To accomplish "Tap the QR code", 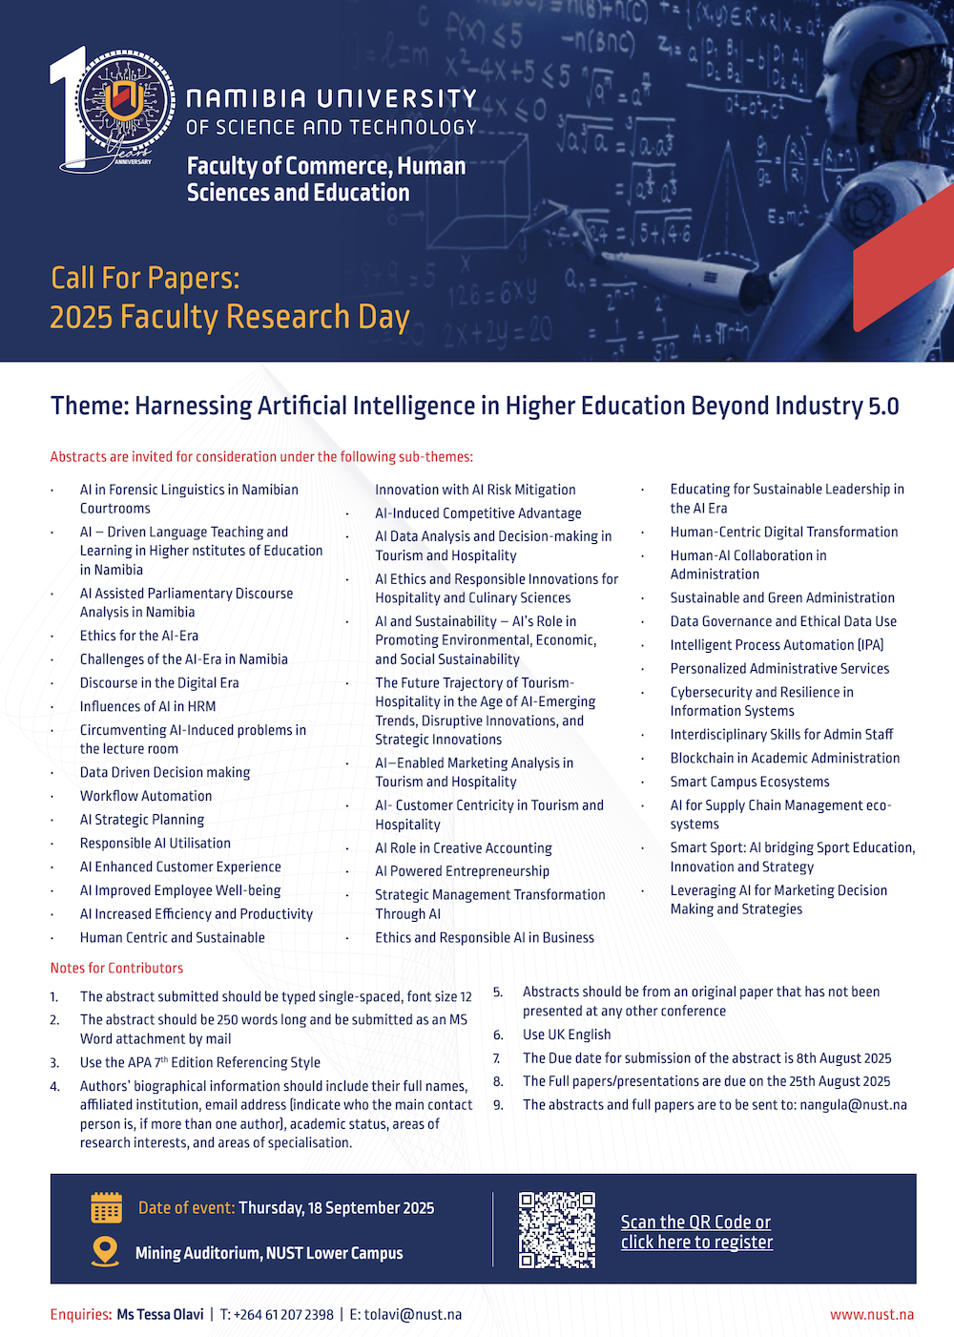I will coord(557,1229).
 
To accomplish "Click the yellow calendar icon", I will coord(106,1207).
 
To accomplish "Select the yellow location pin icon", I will coord(105,1251).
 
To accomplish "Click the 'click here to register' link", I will coord(696,1242).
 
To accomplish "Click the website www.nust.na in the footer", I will coord(871,1314).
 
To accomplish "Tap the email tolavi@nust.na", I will coord(412,1314).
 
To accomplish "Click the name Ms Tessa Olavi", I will coord(159,1314).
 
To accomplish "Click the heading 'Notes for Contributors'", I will coord(116,968).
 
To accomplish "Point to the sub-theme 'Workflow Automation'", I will coord(146,796).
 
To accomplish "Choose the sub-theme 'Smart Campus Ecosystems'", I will coord(750,782).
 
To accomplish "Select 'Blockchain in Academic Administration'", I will coord(784,758).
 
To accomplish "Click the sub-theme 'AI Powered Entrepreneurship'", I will coord(462,871).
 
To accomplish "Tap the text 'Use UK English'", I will coord(567,1034).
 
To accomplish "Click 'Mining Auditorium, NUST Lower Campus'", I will coord(269,1253).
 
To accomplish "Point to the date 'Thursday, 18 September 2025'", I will coord(336,1208).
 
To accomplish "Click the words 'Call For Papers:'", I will coord(145,278).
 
